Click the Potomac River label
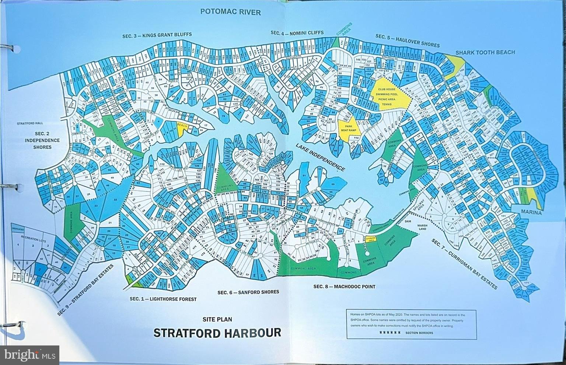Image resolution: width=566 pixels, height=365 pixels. pyautogui.click(x=230, y=12)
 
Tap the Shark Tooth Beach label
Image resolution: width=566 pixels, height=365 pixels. pyautogui.click(x=485, y=52)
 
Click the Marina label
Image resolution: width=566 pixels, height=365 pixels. pyautogui.click(x=531, y=212)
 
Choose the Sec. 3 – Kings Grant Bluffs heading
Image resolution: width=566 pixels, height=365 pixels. pyautogui.click(x=157, y=35)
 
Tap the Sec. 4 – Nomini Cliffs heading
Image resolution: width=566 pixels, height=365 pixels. pyautogui.click(x=297, y=33)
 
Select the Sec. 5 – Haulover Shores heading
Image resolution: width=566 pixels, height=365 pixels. pyautogui.click(x=407, y=40)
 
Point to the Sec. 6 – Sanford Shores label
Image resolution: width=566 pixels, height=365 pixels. pyautogui.click(x=248, y=292)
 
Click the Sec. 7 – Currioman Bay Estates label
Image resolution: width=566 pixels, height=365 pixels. pyautogui.click(x=464, y=264)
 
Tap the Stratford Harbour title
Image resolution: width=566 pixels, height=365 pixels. pyautogui.click(x=217, y=333)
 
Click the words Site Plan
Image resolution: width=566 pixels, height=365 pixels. pyautogui.click(x=217, y=319)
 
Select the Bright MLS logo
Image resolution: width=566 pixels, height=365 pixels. pyautogui.click(x=29, y=355)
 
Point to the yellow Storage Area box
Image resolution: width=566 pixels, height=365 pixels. pyautogui.click(x=370, y=239)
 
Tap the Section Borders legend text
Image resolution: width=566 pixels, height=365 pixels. pyautogui.click(x=419, y=333)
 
